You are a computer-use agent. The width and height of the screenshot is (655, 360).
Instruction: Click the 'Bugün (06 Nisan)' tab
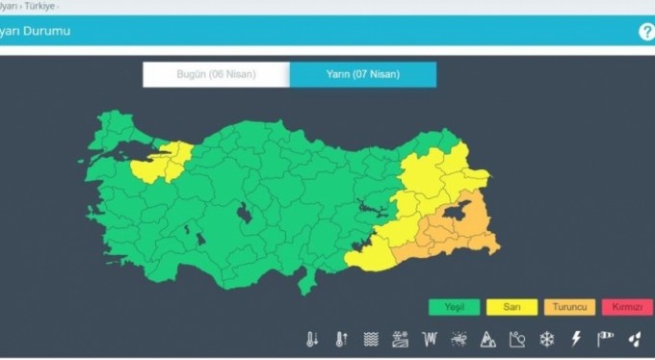click(216, 74)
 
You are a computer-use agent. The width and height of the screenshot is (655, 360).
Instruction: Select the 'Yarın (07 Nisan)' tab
click(362, 74)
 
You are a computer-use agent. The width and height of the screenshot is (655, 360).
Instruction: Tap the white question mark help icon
click(646, 31)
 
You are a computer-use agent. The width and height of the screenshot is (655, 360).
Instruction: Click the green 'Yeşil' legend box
click(455, 307)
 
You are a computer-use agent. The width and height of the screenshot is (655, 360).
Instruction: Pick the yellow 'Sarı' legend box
click(513, 307)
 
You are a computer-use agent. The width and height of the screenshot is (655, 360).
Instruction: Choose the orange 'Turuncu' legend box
click(571, 307)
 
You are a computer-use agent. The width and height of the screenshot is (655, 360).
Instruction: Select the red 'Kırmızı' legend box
click(627, 307)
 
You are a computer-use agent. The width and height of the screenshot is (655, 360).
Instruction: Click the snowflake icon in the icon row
click(547, 339)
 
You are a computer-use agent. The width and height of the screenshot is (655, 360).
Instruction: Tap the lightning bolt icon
click(576, 339)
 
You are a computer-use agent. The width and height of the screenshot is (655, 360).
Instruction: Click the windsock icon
click(605, 339)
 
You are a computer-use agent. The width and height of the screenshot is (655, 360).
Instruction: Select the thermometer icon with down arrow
click(312, 339)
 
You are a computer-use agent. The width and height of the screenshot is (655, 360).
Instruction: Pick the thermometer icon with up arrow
click(341, 339)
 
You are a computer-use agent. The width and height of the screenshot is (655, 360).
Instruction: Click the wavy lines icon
click(370, 339)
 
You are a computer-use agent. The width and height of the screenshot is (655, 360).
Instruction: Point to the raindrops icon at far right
click(634, 339)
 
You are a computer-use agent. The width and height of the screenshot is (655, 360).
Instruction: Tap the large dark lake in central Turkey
click(245, 213)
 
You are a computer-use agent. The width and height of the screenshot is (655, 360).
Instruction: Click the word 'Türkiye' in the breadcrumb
click(39, 5)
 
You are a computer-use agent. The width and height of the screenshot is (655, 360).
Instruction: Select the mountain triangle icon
click(488, 339)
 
